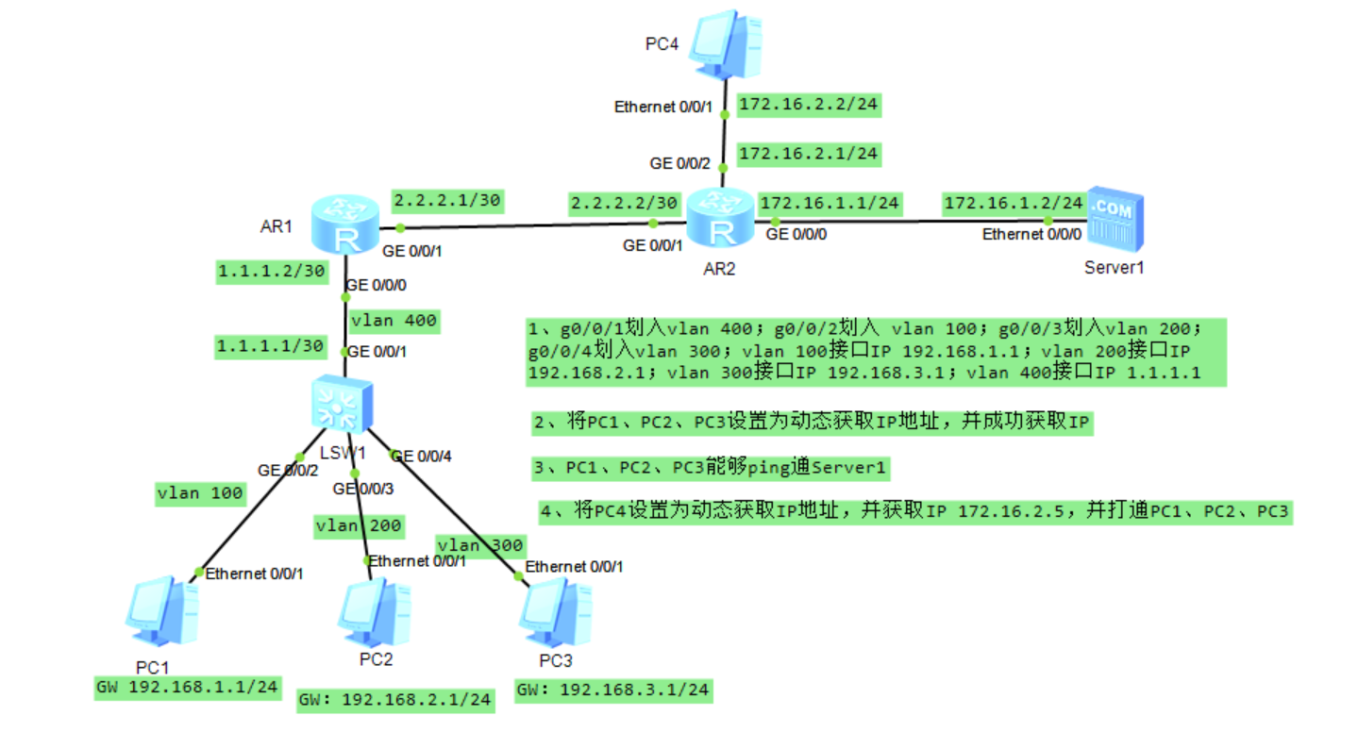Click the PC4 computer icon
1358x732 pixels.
(725, 45)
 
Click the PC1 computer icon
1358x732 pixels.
(162, 607)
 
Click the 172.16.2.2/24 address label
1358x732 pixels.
(809, 105)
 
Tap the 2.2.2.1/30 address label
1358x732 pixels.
(447, 200)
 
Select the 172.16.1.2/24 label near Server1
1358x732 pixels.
(1013, 202)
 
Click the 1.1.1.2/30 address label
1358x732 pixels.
(272, 271)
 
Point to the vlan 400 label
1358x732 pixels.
(393, 321)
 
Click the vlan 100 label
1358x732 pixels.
(200, 492)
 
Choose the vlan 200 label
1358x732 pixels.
(359, 525)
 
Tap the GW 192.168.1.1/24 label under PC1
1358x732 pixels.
(188, 687)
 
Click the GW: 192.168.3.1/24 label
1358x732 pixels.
(612, 690)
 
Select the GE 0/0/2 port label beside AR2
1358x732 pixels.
(675, 163)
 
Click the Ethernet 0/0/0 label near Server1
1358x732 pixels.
(1023, 234)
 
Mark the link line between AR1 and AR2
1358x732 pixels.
(526, 225)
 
